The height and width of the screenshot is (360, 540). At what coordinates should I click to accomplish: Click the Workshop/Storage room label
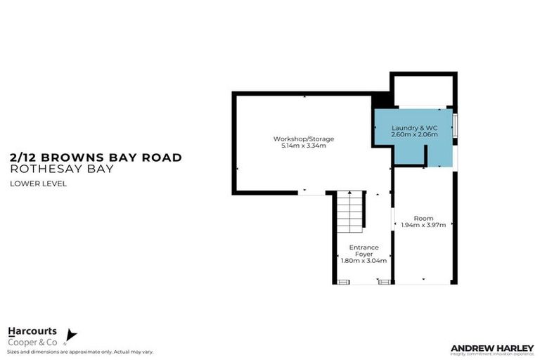[304, 139]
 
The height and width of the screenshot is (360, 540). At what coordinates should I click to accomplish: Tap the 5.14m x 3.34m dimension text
[304, 146]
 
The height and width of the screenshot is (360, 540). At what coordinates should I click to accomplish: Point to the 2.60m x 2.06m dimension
[414, 134]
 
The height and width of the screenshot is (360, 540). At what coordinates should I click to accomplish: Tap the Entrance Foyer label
[364, 250]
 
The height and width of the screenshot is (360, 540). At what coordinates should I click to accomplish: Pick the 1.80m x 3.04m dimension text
[364, 261]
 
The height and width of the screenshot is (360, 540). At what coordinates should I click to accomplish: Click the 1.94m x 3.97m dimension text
[424, 225]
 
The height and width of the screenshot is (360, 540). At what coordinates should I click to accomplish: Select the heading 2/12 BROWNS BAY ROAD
[96, 157]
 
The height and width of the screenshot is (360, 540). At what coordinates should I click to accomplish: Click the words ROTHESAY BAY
[62, 169]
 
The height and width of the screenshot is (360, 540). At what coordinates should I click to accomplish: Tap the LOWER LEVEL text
[38, 184]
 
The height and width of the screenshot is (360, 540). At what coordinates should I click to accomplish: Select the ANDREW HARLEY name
[491, 347]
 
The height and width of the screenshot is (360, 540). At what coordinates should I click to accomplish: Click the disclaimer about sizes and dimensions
[80, 352]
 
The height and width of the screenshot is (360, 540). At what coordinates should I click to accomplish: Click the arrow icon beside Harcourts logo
[70, 335]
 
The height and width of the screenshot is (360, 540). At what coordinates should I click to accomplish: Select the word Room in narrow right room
[424, 218]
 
